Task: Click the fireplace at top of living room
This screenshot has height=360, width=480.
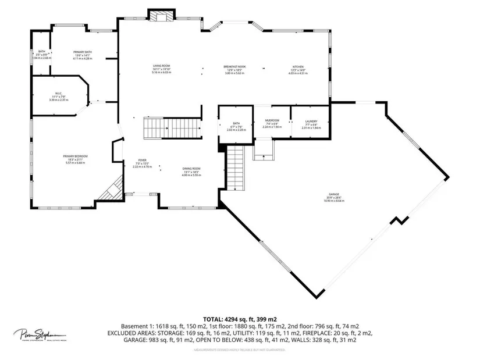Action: pyautogui.click(x=158, y=16)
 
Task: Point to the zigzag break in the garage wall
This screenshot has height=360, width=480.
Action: pyautogui.click(x=399, y=221)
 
